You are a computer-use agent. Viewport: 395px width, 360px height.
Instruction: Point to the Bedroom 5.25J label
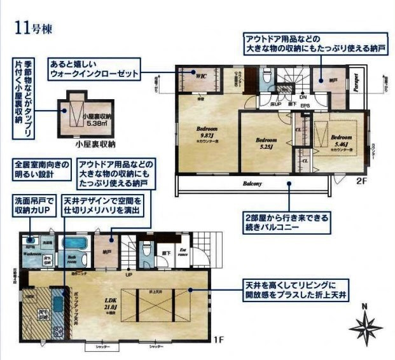click(x=265, y=143)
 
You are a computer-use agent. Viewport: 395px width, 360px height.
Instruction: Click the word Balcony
click(x=253, y=183)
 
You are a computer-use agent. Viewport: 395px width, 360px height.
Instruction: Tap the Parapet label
click(x=357, y=83)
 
